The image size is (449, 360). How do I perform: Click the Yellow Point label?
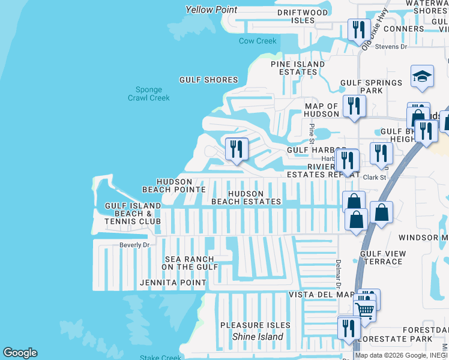pos(211,10)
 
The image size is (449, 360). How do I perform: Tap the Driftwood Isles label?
pos(303,16)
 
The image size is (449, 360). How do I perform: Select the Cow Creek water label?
pos(258,41)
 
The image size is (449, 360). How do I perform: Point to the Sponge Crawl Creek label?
pos(149,94)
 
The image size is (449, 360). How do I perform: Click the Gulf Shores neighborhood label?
pos(209,80)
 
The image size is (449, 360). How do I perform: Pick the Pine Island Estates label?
pos(298,68)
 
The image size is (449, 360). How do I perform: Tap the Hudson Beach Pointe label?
pos(174,185)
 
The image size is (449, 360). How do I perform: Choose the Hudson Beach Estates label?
pos(246,197)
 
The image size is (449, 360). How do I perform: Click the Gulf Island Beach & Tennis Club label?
pos(133,214)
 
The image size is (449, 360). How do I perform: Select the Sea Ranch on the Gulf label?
pos(189,263)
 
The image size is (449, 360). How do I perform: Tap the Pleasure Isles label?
pos(255,325)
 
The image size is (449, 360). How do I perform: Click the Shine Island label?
pos(258,337)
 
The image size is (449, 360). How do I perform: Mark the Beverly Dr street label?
pos(134,245)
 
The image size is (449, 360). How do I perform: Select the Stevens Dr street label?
pos(391,46)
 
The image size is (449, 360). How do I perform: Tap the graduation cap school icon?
pos(422,76)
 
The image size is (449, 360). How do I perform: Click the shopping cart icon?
pos(364,310)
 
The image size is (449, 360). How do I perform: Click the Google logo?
pos(20,353)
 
